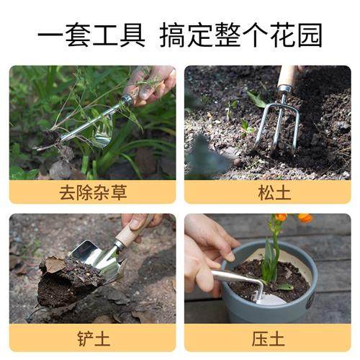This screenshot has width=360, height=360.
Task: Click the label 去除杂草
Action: point(92,192)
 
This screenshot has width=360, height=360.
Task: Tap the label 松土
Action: point(267,192)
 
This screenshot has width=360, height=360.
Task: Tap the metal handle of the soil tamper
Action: point(234,277)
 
